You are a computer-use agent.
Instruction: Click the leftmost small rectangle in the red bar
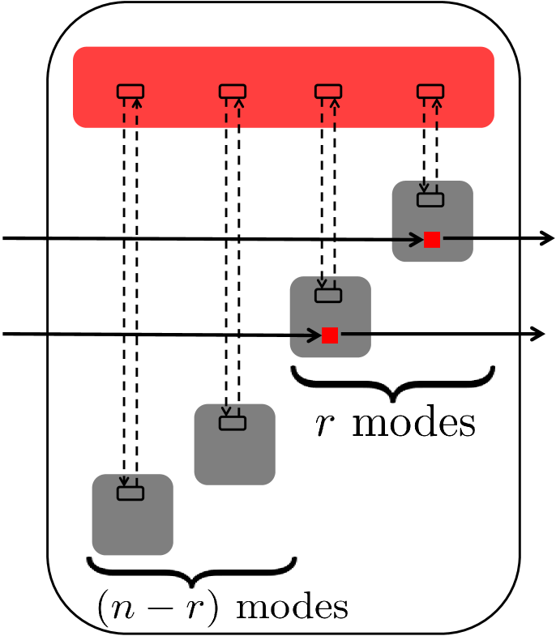click(x=130, y=92)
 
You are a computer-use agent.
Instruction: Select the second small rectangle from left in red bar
click(x=233, y=92)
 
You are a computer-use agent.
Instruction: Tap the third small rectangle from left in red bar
click(x=328, y=92)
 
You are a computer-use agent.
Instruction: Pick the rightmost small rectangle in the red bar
click(x=430, y=92)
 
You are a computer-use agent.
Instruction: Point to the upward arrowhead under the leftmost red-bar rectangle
click(x=137, y=104)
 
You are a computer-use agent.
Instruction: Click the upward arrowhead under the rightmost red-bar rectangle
click(x=437, y=104)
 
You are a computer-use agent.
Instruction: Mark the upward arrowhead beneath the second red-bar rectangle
click(x=239, y=104)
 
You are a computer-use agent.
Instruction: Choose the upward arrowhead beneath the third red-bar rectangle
click(x=335, y=104)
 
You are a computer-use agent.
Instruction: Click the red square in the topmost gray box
click(x=432, y=240)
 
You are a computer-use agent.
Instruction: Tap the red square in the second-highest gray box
click(x=330, y=335)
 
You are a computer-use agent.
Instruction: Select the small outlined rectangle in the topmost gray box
click(x=430, y=200)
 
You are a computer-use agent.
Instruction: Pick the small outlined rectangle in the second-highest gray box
click(x=328, y=296)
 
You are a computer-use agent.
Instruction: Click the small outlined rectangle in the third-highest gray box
click(x=233, y=423)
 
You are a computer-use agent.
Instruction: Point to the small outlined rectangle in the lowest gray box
click(x=130, y=493)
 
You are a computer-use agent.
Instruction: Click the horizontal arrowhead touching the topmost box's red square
click(x=417, y=240)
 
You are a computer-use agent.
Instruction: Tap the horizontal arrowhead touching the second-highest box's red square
click(x=315, y=335)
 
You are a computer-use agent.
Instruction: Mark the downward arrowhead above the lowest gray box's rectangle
click(x=124, y=482)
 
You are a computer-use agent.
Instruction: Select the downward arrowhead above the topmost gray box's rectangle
click(x=424, y=189)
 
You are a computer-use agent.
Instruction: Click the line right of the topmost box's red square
click(x=458, y=238)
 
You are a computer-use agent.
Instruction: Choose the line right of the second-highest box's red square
click(x=356, y=334)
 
